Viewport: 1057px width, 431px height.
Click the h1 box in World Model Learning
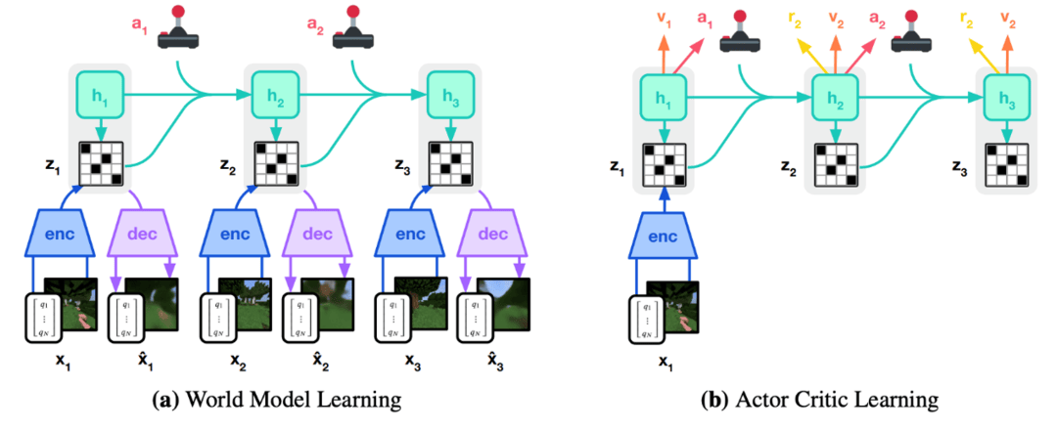click(99, 95)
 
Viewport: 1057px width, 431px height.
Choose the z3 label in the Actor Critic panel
click(960, 171)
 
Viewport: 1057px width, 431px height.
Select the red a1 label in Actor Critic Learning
click(704, 19)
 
